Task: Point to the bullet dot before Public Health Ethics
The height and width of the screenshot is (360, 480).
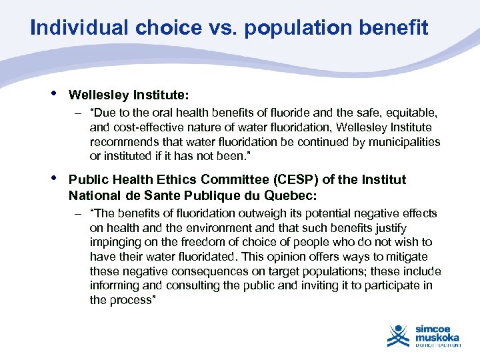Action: coord(53,178)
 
